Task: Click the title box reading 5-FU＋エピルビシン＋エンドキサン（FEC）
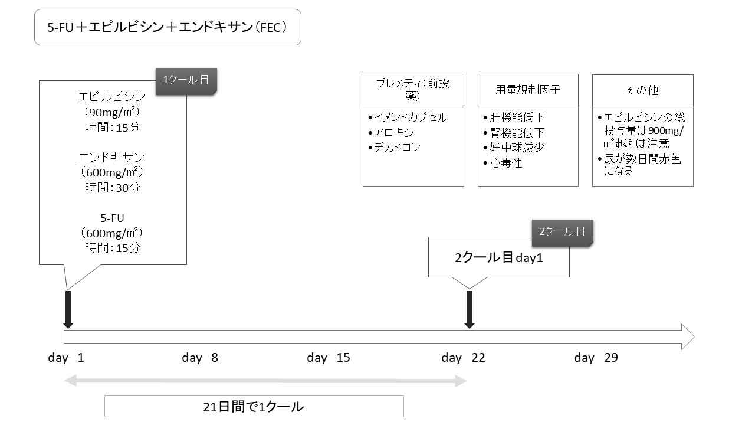click(168, 27)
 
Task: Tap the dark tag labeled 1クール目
click(186, 81)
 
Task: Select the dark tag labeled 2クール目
click(563, 233)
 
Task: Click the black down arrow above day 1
click(68, 310)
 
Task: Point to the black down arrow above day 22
click(469, 310)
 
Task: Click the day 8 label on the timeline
click(200, 358)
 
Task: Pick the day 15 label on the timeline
click(329, 358)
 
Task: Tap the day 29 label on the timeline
click(596, 358)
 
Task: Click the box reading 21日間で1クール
click(254, 407)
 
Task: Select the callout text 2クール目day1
click(499, 258)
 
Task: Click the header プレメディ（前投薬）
click(413, 90)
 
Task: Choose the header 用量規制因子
click(528, 90)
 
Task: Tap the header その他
click(642, 90)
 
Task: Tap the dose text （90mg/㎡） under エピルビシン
click(112, 112)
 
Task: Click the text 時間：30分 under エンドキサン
click(112, 188)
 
